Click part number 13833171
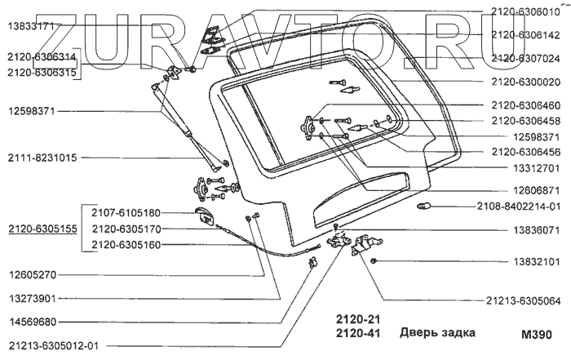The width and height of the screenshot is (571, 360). tap(31, 26)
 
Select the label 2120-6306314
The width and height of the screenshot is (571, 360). tap(42, 57)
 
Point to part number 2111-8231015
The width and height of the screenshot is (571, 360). tap(42, 158)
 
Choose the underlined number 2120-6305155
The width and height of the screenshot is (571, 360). tap(42, 229)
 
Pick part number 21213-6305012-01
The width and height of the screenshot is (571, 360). tap(53, 345)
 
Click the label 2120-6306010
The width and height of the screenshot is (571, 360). tap(525, 11)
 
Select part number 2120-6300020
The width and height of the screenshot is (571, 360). tap(525, 82)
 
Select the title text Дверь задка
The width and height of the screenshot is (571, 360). tap(436, 332)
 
